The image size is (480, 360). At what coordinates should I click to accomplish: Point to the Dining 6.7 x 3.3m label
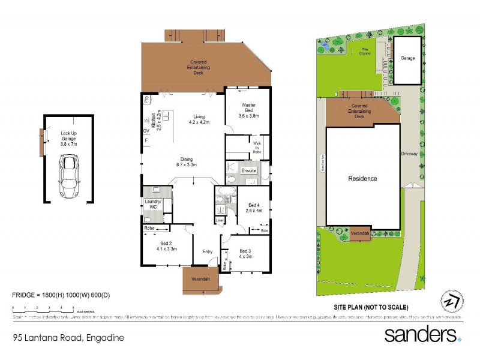pyautogui.click(x=187, y=161)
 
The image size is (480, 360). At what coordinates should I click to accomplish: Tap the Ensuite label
pyautogui.click(x=248, y=170)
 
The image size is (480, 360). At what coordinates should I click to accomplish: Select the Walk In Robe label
pyautogui.click(x=257, y=148)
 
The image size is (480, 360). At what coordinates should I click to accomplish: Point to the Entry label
pyautogui.click(x=208, y=251)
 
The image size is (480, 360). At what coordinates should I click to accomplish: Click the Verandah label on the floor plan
pyautogui.click(x=200, y=280)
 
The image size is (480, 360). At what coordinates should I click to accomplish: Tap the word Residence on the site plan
pyautogui.click(x=363, y=178)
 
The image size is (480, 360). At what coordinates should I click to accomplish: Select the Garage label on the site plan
pyautogui.click(x=408, y=58)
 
